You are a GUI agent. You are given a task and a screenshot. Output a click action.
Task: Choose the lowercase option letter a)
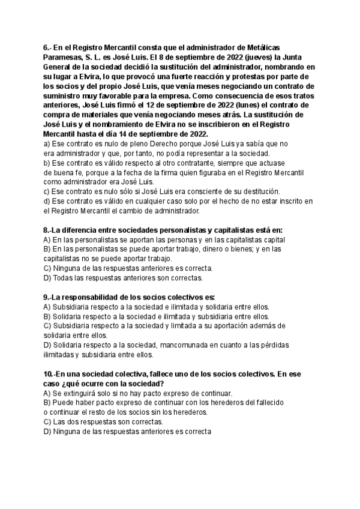(47, 143)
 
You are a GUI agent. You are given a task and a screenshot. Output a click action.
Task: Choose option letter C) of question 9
(48, 326)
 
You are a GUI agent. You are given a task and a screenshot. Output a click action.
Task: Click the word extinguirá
(82, 393)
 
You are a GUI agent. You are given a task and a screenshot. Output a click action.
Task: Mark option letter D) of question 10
(48, 432)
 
